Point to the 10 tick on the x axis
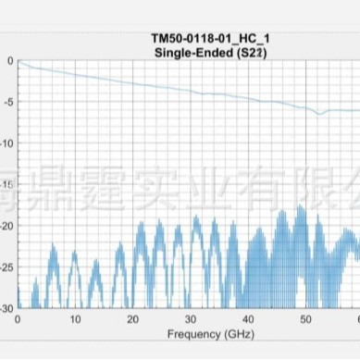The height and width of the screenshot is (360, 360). click(75, 318)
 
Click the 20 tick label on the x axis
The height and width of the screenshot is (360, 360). click(133, 318)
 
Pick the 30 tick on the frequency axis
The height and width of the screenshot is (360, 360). click(191, 318)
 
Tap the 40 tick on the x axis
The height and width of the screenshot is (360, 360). click(248, 318)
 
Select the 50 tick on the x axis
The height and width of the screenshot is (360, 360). click(305, 318)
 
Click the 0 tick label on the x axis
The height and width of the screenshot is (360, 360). click(18, 318)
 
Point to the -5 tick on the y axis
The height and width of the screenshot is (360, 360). click(8, 102)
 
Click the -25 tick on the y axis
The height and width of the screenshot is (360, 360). click(6, 267)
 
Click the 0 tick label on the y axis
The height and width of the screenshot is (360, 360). click(10, 61)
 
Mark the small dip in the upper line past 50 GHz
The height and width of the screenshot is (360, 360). click(320, 114)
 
